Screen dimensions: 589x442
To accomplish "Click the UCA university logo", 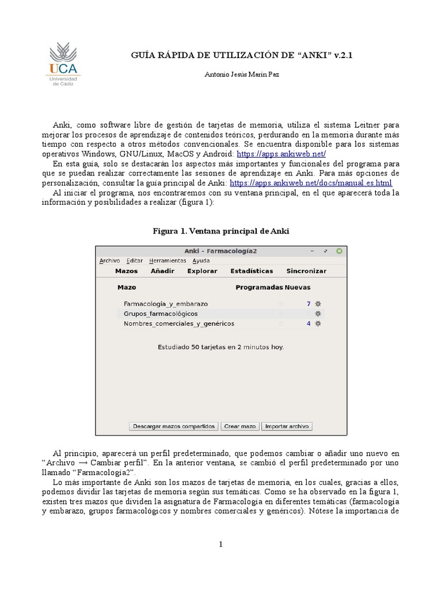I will (x=64, y=64).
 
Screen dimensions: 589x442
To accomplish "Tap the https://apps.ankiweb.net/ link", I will (x=281, y=154).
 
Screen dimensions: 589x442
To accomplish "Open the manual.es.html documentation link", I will (x=311, y=183).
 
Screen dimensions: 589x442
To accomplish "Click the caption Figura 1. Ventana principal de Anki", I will (x=220, y=231).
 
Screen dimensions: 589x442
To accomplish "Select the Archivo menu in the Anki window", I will (x=109, y=261).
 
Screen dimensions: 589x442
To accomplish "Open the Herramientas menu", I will (x=167, y=261).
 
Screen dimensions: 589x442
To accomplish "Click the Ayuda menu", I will (x=201, y=261).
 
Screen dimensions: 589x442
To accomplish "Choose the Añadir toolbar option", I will (x=162, y=271).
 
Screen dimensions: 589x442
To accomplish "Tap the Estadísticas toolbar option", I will (x=252, y=271).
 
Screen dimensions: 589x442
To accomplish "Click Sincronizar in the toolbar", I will (x=306, y=271).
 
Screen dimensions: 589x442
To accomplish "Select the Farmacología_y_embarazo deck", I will (x=166, y=304).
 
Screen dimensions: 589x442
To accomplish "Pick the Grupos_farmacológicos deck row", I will (x=161, y=313).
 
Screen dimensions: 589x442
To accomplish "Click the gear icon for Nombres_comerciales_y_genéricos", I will (x=318, y=323).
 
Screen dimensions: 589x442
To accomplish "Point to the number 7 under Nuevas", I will (x=308, y=304).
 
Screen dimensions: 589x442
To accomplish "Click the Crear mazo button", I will (x=239, y=426).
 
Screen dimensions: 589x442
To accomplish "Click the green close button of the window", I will (x=340, y=251).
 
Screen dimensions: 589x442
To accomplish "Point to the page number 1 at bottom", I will (x=220, y=545).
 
